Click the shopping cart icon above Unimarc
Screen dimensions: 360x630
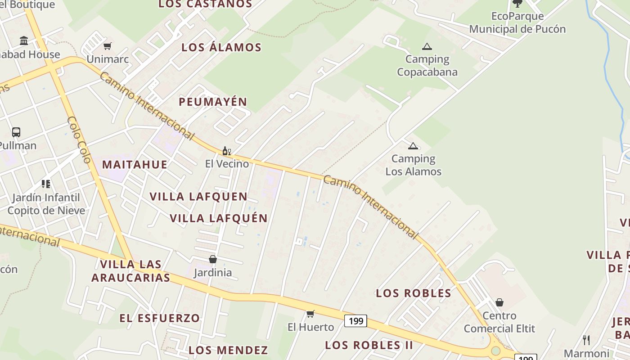(x=107, y=46)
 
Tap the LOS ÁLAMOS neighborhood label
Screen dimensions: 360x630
(x=221, y=47)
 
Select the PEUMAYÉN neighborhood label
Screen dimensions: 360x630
(x=213, y=102)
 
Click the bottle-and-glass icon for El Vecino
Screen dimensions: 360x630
(x=226, y=151)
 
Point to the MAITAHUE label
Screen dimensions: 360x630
(x=135, y=164)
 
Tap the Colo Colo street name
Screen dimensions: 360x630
(x=79, y=139)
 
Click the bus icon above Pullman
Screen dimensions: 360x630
(x=16, y=132)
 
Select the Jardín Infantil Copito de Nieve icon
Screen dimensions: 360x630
(x=46, y=184)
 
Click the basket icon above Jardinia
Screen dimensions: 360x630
(x=213, y=259)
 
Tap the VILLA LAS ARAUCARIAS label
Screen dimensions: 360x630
(x=131, y=271)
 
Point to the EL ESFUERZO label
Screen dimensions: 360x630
(x=159, y=318)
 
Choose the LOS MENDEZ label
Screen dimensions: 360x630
(x=228, y=350)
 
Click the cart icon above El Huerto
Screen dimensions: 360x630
(x=310, y=314)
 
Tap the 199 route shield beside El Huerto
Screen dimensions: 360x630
(x=355, y=321)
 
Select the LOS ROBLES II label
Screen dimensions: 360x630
(x=369, y=345)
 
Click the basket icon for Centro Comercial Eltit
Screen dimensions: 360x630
(x=499, y=302)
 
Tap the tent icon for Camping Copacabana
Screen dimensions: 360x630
(x=427, y=46)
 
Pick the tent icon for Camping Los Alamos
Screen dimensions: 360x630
(x=413, y=146)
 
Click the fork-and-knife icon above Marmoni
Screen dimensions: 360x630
(x=586, y=340)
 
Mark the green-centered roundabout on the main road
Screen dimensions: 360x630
(x=495, y=351)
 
